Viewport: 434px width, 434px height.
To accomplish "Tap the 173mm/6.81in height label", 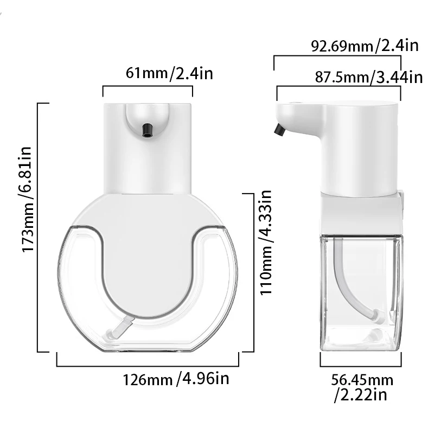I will pos(29,199).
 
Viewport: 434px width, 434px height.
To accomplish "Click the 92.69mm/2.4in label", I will pos(365,45).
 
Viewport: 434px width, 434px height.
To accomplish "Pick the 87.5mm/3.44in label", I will pos(368,76).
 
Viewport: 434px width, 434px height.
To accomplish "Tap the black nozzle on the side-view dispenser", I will pos(279,130).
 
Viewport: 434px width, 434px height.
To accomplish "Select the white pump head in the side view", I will pos(339,141).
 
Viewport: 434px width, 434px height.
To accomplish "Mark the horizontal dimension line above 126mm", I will pos(148,366).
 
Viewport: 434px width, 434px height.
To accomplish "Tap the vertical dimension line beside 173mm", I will pos(39,228).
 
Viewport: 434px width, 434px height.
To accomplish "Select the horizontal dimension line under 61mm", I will pos(148,86).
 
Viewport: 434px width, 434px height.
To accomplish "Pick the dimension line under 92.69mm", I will pos(336,55).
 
